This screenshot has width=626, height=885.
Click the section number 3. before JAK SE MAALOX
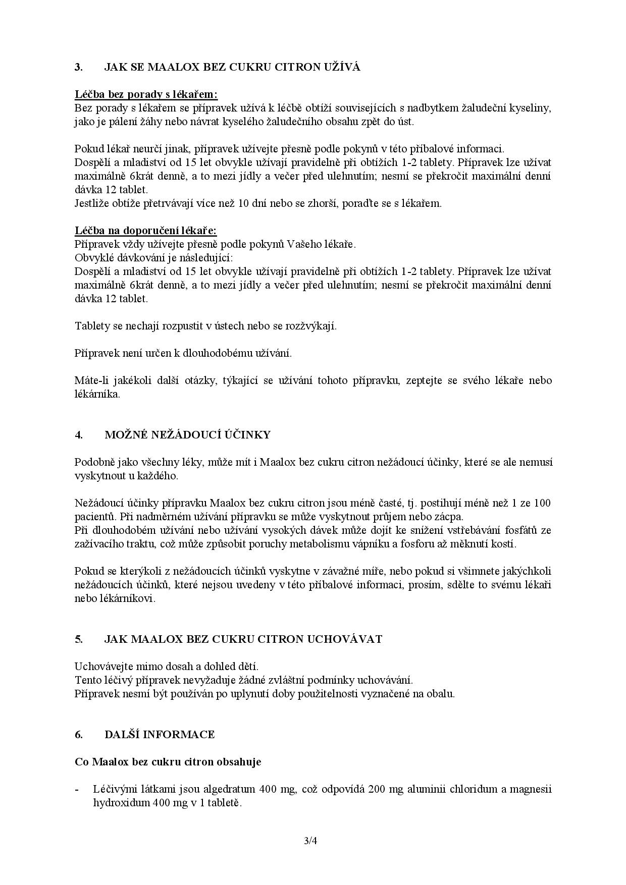pyautogui.click(x=79, y=67)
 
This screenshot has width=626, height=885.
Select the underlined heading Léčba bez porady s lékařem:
pyautogui.click(x=146, y=94)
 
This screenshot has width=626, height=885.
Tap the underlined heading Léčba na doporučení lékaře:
pyautogui.click(x=146, y=231)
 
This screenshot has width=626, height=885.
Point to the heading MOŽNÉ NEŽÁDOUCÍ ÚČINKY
pyautogui.click(x=187, y=435)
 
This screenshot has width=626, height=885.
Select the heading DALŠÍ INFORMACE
pyautogui.click(x=160, y=734)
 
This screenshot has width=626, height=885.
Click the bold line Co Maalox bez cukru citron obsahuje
pyautogui.click(x=168, y=761)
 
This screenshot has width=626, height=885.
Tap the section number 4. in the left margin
pyautogui.click(x=79, y=435)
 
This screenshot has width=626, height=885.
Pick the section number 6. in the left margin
pyautogui.click(x=79, y=734)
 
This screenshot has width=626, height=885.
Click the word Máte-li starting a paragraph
pyautogui.click(x=90, y=380)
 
